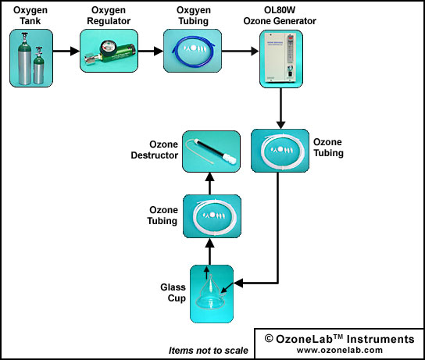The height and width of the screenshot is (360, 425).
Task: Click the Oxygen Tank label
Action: pyautogui.click(x=30, y=16)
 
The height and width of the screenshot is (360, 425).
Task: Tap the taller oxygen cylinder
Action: pyautogui.click(x=24, y=59)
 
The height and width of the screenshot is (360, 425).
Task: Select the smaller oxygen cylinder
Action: pyautogui.click(x=38, y=66)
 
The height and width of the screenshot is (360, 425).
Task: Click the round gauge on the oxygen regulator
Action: pyautogui.click(x=106, y=48)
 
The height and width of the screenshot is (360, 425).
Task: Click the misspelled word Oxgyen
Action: pyautogui.click(x=194, y=10)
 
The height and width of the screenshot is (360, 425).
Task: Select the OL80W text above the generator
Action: pyautogui.click(x=280, y=10)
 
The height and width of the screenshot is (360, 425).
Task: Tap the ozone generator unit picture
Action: pyautogui.click(x=281, y=58)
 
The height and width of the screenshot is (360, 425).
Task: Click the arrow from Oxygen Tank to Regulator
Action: pyautogui.click(x=66, y=51)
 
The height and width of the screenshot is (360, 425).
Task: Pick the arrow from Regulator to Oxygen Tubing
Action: pyautogui.click(x=151, y=51)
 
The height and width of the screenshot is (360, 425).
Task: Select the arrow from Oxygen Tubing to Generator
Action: pyautogui.click(x=240, y=51)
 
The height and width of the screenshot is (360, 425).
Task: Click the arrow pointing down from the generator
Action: pyautogui.click(x=280, y=109)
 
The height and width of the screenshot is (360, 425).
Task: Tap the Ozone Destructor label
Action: pyautogui.click(x=155, y=150)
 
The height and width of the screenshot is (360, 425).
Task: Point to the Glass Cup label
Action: pyautogui.click(x=173, y=293)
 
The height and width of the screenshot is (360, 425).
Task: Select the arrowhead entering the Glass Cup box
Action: pyautogui.click(x=238, y=283)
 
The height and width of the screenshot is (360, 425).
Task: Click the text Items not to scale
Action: pyautogui.click(x=209, y=351)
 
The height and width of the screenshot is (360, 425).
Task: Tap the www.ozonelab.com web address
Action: pyautogui.click(x=340, y=350)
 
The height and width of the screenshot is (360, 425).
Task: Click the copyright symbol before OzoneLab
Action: pyautogui.click(x=269, y=339)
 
